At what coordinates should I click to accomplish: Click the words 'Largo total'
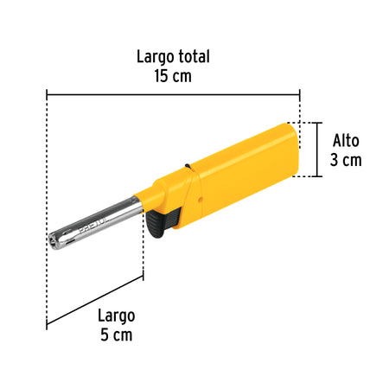pos(174,56)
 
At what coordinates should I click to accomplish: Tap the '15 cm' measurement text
pos(174,75)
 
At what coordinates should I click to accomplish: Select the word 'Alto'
pos(345,141)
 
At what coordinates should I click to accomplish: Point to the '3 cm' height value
pos(345,160)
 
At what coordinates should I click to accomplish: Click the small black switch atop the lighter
pos(186,166)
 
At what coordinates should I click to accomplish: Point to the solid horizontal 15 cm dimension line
pos(173,94)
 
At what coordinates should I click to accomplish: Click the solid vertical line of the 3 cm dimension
pos(321,151)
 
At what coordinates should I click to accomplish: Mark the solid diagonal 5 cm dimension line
pos(95,302)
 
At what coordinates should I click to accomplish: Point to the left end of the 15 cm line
pos(48,94)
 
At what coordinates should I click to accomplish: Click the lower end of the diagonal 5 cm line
pos(48,327)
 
